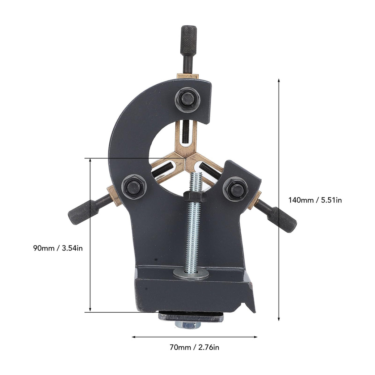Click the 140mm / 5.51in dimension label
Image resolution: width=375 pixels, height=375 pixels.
click(315, 200)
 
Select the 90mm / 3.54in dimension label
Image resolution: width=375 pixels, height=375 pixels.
click(58, 248)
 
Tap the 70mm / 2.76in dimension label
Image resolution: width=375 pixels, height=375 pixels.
click(194, 347)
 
